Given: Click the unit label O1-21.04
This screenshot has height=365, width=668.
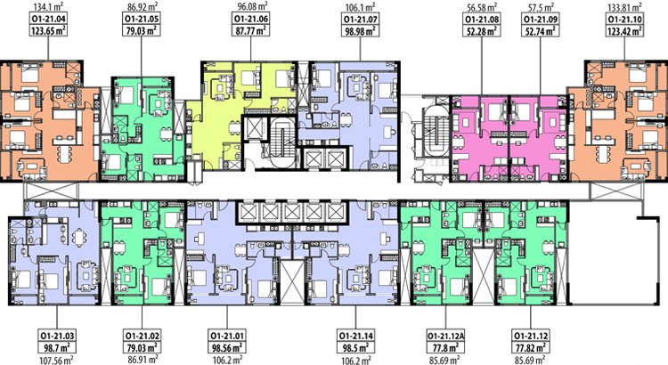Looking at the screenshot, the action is click(x=49, y=20).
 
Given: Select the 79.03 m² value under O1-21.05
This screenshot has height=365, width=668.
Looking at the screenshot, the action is click(x=142, y=30).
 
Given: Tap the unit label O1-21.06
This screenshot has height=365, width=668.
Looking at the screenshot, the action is click(x=251, y=20).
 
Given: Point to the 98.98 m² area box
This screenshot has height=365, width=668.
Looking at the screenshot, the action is click(x=360, y=30).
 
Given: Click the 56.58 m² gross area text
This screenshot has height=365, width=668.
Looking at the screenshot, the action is click(x=481, y=7).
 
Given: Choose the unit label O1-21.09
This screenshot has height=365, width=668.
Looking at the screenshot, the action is click(x=541, y=20).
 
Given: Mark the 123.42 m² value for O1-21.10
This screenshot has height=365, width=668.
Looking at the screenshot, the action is click(x=624, y=30).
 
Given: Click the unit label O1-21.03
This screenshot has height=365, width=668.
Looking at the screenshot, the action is click(x=57, y=336).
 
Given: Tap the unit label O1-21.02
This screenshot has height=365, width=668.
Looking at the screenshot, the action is click(x=142, y=336).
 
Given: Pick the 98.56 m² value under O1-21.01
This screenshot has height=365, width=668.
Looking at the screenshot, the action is click(x=227, y=347).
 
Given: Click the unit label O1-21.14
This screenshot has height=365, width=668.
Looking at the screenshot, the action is click(x=355, y=336).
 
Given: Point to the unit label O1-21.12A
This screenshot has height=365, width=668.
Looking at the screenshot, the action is click(x=446, y=336).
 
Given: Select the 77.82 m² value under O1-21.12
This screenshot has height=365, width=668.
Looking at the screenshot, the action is click(x=531, y=347).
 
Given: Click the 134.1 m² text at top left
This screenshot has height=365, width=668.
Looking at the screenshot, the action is click(x=48, y=7).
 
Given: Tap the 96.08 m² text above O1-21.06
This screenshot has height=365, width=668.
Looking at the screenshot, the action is click(x=252, y=6).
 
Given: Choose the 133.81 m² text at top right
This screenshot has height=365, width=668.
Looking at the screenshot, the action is click(x=625, y=7).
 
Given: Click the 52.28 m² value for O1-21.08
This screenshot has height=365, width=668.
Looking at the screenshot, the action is click(x=481, y=30).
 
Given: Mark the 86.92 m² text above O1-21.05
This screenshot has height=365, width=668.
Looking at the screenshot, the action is click(x=142, y=7).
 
